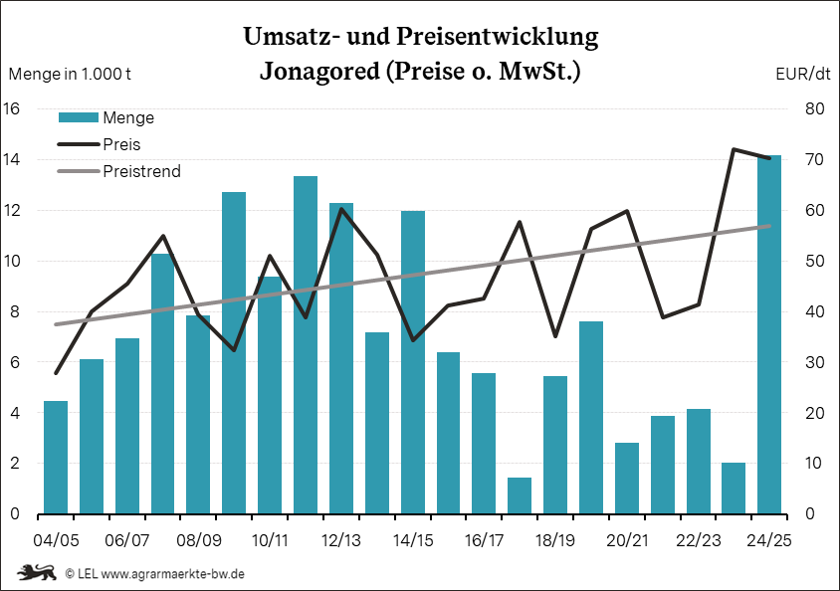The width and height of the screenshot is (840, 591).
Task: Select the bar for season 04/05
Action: pyautogui.click(x=56, y=458)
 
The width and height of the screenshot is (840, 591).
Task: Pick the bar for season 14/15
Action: pyautogui.click(x=413, y=362)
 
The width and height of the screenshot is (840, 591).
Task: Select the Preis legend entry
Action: pyautogui.click(x=121, y=144)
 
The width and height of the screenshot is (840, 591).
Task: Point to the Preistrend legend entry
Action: pyautogui.click(x=141, y=171)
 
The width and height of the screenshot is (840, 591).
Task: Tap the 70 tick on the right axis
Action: pyautogui.click(x=813, y=159)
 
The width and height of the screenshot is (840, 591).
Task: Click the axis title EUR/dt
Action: pyautogui.click(x=802, y=74)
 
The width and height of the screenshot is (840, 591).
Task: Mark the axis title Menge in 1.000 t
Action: pyautogui.click(x=71, y=74)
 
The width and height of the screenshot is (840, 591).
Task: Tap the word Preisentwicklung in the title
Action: pyautogui.click(x=498, y=37)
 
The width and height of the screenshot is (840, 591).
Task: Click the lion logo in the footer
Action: pyautogui.click(x=36, y=573)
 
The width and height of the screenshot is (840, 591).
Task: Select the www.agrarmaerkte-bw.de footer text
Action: pyautogui.click(x=173, y=574)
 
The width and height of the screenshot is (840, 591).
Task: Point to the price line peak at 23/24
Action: pyautogui.click(x=734, y=149)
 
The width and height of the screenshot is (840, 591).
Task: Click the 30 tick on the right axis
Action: pyautogui.click(x=813, y=362)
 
